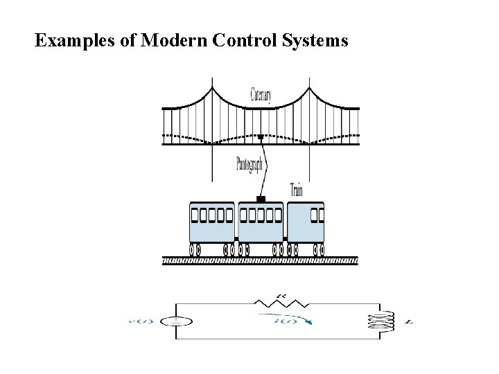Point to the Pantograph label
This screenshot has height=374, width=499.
249,164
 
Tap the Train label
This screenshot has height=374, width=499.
296,188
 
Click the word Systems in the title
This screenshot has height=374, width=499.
315,41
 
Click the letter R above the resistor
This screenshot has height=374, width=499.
280,295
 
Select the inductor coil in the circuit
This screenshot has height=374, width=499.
380,321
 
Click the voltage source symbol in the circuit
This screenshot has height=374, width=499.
175,321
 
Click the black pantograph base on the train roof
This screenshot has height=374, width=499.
261,199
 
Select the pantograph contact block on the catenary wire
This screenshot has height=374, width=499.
261,137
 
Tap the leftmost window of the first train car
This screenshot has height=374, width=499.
195,215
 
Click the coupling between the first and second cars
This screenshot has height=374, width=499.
236,239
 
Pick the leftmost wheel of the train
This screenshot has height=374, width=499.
193,248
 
